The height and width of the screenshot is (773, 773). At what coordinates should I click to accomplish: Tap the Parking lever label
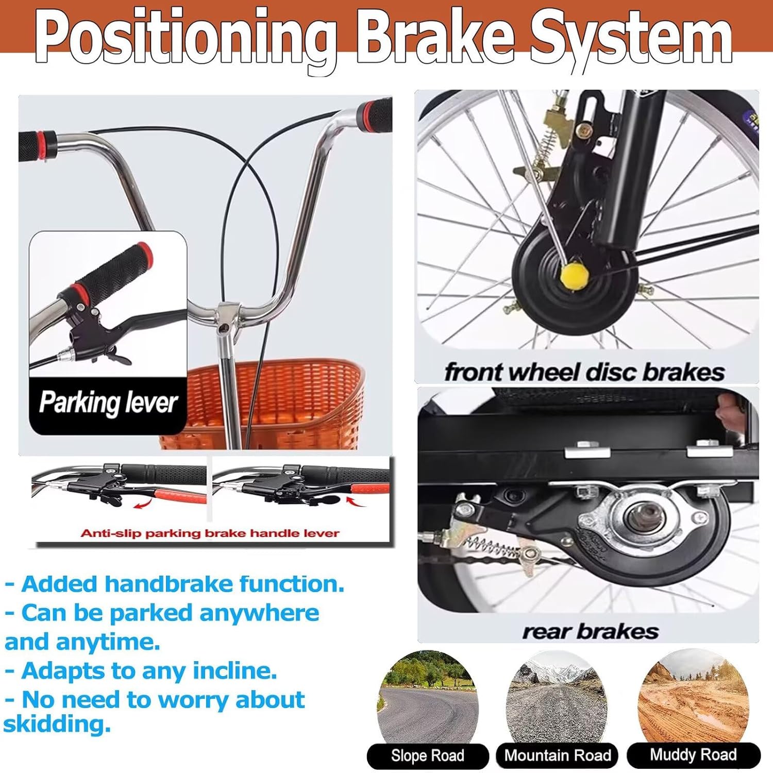coord(108,402)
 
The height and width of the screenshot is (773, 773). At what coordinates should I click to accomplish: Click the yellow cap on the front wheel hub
coord(575,276)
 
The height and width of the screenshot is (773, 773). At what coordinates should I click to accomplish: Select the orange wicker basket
coord(263,405)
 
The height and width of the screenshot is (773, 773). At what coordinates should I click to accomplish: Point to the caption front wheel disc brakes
coord(584,372)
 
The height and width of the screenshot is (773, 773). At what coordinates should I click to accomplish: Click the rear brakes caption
coord(591,631)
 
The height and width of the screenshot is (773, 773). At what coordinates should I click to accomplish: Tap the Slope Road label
coord(428,755)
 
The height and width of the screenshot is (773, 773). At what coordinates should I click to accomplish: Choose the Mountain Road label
coord(558,755)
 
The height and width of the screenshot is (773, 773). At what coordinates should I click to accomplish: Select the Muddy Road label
coord(693,755)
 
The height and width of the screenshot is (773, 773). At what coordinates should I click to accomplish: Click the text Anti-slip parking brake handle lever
coord(210,533)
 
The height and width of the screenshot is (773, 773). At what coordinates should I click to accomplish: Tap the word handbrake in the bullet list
coord(169,584)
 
